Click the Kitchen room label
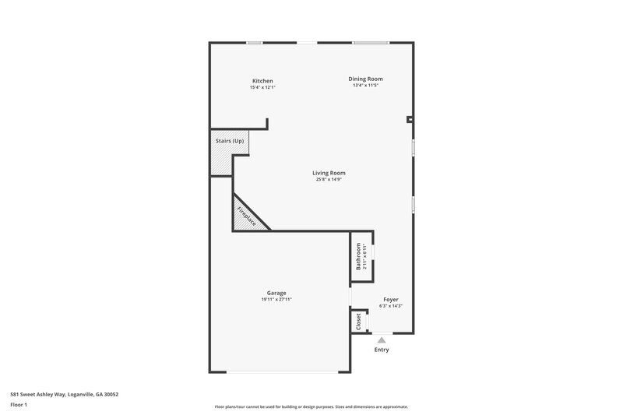click(262, 81)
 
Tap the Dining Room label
click(365, 79)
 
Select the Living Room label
click(329, 173)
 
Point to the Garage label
click(276, 293)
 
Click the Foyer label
click(390, 299)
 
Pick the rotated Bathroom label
click(359, 256)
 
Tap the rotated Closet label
click(358, 322)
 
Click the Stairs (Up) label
click(230, 141)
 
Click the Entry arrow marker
click(382, 339)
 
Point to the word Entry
click(382, 350)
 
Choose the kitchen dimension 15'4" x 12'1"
click(262, 87)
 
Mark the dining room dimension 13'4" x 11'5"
click(365, 85)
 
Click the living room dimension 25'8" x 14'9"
click(329, 179)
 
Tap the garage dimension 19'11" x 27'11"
click(276, 299)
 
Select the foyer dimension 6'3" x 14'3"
click(390, 305)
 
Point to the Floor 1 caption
click(19, 405)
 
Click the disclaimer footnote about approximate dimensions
click(311, 406)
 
